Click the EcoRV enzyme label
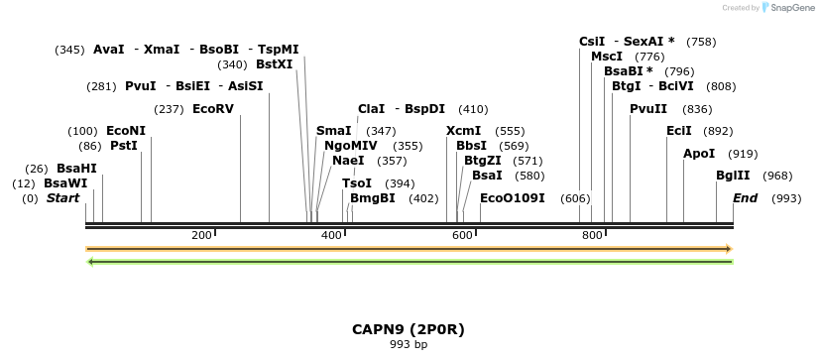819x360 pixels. click(212, 108)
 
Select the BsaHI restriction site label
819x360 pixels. click(76, 169)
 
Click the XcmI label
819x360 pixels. click(463, 131)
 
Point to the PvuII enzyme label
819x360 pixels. click(648, 109)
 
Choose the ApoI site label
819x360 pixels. click(699, 154)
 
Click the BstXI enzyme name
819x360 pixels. click(275, 63)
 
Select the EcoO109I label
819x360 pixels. click(512, 198)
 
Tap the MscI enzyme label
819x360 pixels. click(607, 57)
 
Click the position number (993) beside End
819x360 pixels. click(786, 198)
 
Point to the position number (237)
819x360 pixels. click(169, 108)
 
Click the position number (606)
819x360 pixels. click(575, 198)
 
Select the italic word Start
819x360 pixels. click(62, 198)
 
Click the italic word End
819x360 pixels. click(745, 198)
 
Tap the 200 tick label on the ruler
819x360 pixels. click(201, 235)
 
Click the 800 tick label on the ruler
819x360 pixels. click(592, 235)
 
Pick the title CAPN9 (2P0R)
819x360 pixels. click(409, 328)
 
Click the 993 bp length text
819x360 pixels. click(409, 345)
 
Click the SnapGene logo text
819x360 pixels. click(790, 8)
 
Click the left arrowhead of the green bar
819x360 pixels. click(91, 262)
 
